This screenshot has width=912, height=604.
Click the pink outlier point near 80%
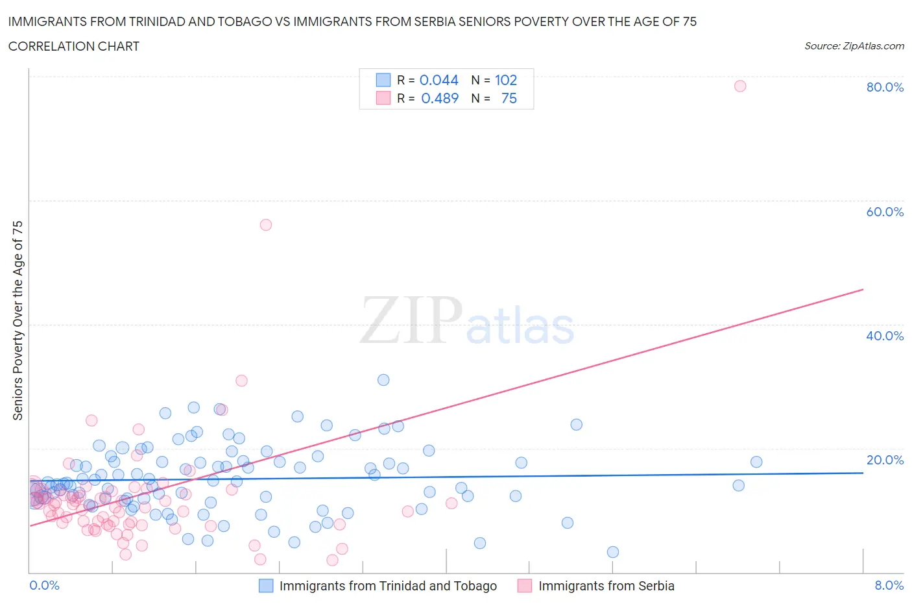pos(740,86)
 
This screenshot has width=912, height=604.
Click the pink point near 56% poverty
pos(265,225)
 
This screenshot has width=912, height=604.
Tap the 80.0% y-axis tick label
pos(885,87)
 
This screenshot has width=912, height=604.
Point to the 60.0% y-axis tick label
pos(885,212)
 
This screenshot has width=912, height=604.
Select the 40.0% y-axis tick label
pos(885,336)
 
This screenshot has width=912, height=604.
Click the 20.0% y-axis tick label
pos(885,460)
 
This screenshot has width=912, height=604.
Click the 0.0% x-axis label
pos(44,585)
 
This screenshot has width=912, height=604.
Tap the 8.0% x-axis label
pos(889,585)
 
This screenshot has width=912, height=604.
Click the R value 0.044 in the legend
pos(439,80)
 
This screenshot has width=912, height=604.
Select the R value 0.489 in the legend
pos(440,98)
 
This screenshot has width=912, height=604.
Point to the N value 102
pos(506,80)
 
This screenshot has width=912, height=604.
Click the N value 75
pos(509,98)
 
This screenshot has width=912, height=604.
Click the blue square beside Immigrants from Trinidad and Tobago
pos(266,586)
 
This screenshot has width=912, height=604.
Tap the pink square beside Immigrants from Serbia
pos(525,586)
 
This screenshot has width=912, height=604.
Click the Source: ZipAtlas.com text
pos(854,45)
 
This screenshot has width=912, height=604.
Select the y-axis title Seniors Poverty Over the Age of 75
pos(18,320)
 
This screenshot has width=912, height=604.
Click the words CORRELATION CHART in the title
pos(74,46)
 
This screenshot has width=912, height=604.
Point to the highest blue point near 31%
pos(383,380)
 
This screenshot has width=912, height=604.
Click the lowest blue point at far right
pos(612,552)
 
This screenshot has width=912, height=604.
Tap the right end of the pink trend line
pos(863,289)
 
